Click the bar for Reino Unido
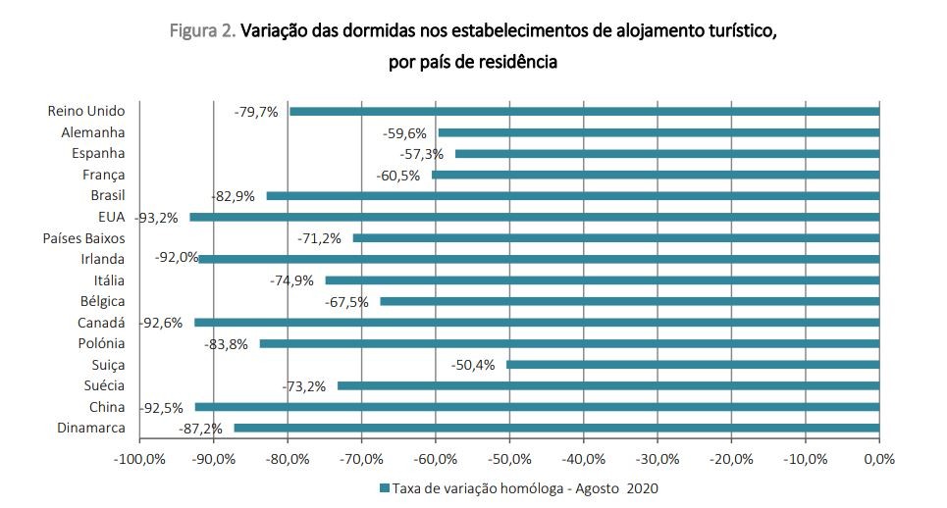pyautogui.click(x=584, y=112)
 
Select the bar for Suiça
pyautogui.click(x=693, y=365)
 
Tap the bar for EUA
pyautogui.click(x=535, y=217)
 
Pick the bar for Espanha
pyautogui.click(x=667, y=154)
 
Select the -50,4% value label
pyautogui.click(x=473, y=365)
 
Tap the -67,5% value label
pyautogui.click(x=346, y=302)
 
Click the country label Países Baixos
pyautogui.click(x=83, y=238)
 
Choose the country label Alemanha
pyautogui.click(x=93, y=132)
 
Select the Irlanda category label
pyautogui.click(x=102, y=260)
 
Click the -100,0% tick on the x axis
pyautogui.click(x=139, y=459)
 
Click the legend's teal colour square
pyautogui.click(x=384, y=488)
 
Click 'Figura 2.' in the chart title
pyautogui.click(x=202, y=32)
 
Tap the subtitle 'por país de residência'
pyautogui.click(x=473, y=62)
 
